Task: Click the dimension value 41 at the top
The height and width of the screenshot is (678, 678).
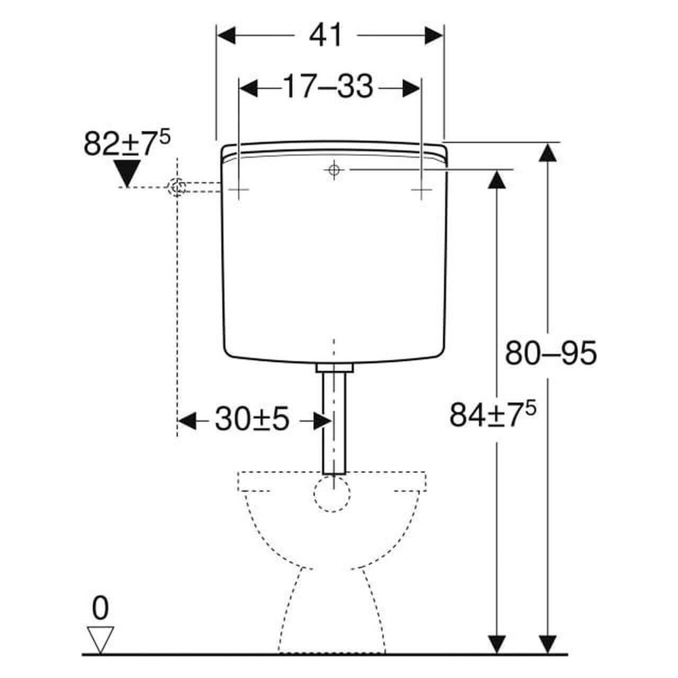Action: [x=326, y=36]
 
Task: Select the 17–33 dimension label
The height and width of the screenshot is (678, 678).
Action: [x=328, y=87]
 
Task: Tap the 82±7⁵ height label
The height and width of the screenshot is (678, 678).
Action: [x=127, y=144]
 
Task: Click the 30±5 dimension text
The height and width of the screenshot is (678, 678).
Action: [x=252, y=421]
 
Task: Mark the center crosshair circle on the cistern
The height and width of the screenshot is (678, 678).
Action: [x=333, y=169]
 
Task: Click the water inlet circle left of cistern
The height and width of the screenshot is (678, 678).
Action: [x=176, y=187]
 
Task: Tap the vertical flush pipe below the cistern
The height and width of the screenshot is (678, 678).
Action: [x=334, y=424]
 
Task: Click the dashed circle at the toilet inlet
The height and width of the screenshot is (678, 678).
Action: [x=332, y=493]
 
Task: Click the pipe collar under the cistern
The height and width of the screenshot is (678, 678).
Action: [x=334, y=368]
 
